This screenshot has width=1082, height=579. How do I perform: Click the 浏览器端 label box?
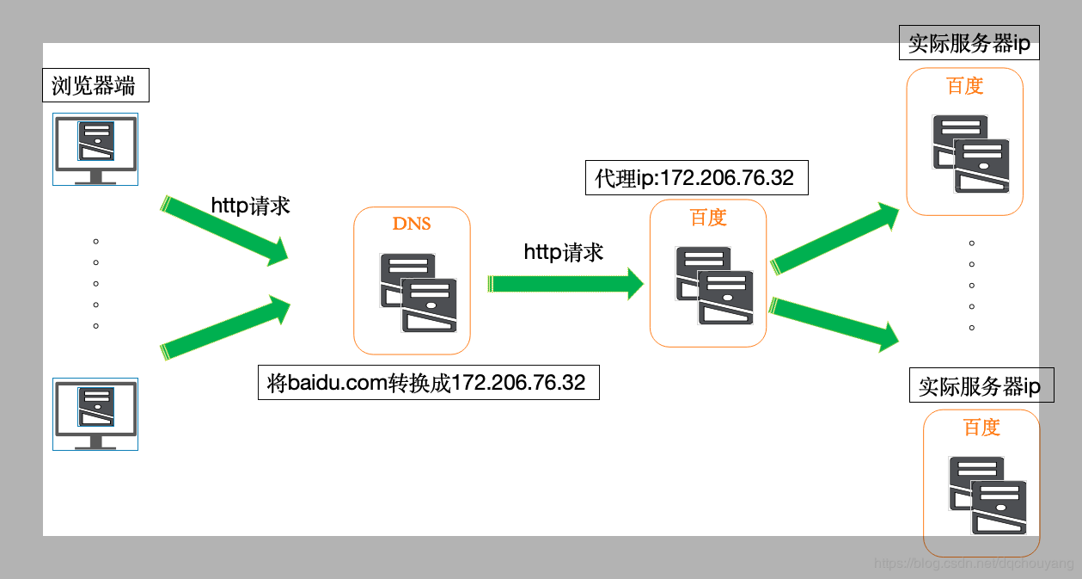click(x=94, y=86)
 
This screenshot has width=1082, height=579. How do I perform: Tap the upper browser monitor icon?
click(x=95, y=149)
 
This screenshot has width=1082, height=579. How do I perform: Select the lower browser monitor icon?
click(x=95, y=413)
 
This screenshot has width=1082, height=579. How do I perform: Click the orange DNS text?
click(x=412, y=224)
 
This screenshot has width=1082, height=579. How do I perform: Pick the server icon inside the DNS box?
click(x=419, y=292)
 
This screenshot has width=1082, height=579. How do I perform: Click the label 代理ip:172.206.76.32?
click(x=695, y=178)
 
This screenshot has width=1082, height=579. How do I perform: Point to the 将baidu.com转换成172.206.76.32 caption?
click(x=427, y=382)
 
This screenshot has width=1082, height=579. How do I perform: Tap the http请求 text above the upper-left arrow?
click(x=250, y=206)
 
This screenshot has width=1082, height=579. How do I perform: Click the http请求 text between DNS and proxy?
click(x=564, y=251)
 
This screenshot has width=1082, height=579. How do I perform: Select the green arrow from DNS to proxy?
click(x=565, y=283)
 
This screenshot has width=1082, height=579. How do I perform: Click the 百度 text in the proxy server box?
click(x=708, y=218)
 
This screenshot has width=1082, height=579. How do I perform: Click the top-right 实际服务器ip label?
click(x=969, y=42)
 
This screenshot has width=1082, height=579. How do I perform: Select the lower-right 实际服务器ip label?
click(x=980, y=386)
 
